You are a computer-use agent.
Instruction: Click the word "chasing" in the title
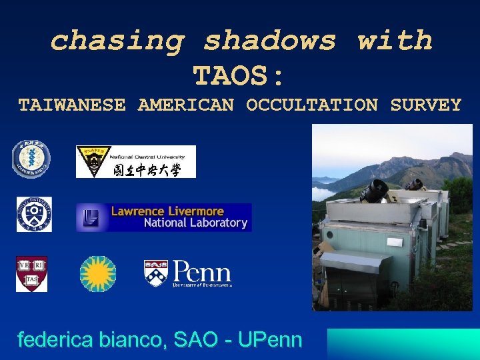[117, 41]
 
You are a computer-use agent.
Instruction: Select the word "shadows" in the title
[270, 41]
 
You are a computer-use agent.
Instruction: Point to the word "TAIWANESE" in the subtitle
[71, 105]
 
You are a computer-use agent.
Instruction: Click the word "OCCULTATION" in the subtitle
[312, 105]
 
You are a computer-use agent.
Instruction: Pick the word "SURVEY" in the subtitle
[426, 105]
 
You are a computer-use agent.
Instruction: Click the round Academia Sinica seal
[31, 161]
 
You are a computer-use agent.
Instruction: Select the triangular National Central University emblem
[93, 162]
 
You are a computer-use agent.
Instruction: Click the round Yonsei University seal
[34, 215]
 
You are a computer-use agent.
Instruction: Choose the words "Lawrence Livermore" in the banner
[167, 211]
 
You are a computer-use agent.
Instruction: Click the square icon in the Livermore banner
[91, 217]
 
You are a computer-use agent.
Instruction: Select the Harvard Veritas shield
[31, 274]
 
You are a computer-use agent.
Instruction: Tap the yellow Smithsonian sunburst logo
[98, 274]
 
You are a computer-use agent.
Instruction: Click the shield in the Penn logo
[156, 272]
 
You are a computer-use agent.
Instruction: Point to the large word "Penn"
[202, 271]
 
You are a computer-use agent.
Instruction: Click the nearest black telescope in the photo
[375, 191]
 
